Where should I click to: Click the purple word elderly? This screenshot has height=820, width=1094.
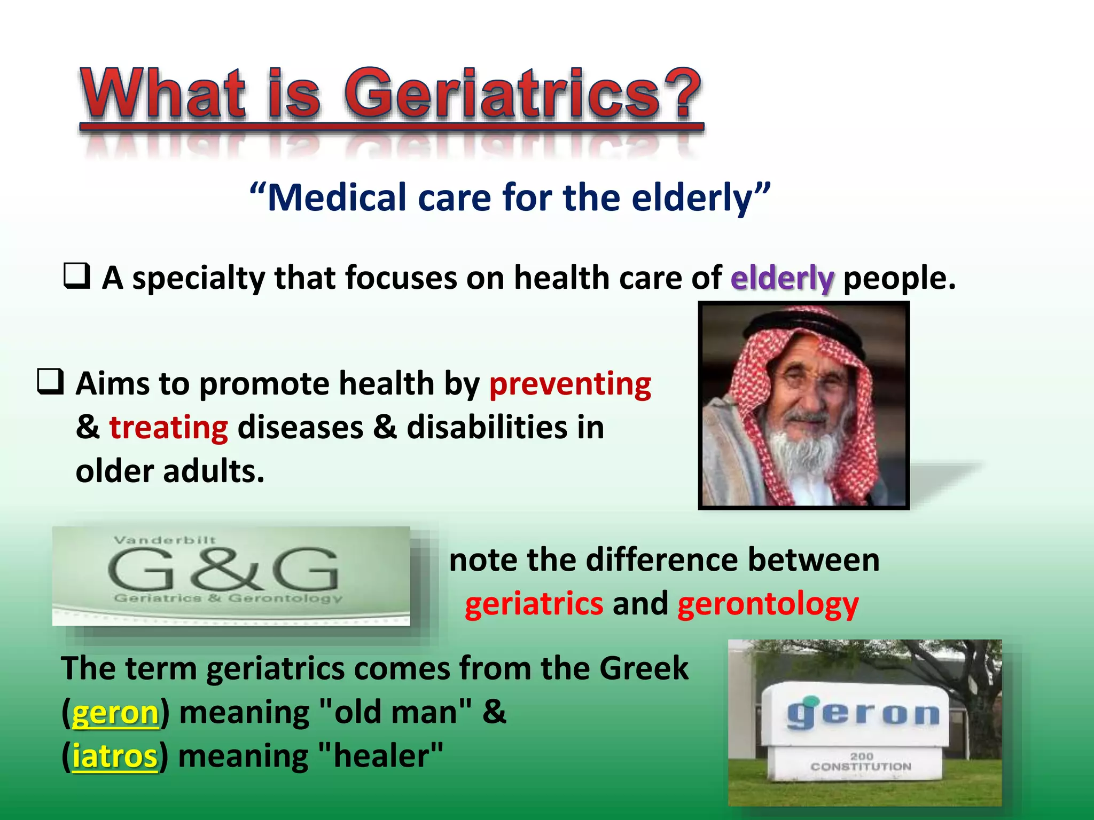tap(782, 279)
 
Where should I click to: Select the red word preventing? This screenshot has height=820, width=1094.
tap(570, 384)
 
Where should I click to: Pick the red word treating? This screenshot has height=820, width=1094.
tap(169, 428)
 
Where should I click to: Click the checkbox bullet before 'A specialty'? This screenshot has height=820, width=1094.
tap(77, 276)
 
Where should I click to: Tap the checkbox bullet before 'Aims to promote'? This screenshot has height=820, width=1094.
tap(51, 382)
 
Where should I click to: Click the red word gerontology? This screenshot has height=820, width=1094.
tap(768, 605)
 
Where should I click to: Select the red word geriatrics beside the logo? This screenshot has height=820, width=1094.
tap(534, 604)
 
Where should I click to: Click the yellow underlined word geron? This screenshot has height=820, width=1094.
tap(115, 713)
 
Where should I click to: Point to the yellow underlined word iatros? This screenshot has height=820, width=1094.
tap(115, 757)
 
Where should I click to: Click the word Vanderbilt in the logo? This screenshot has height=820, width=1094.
tap(165, 540)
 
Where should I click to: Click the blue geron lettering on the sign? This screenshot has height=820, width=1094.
tap(862, 714)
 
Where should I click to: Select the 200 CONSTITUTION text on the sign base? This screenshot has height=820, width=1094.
tap(861, 762)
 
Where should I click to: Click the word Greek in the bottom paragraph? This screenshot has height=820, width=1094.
tap(644, 668)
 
